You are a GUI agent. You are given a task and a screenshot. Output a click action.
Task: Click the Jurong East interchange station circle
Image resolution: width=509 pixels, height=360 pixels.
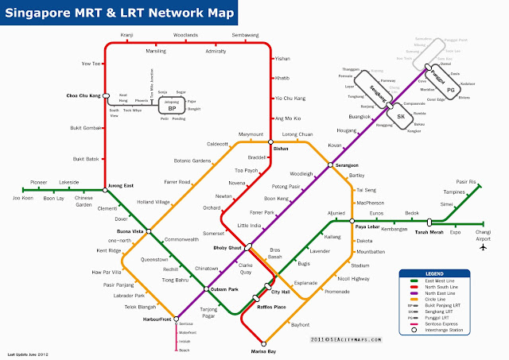(x=104, y=190)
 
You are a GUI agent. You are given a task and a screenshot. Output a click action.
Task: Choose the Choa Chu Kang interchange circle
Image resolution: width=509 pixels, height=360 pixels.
(x=104, y=96)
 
